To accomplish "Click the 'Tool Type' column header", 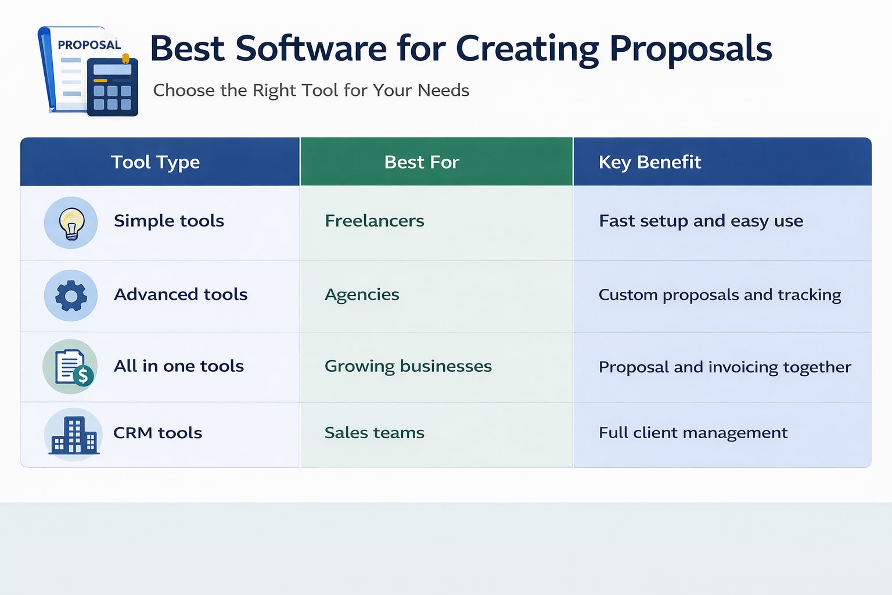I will (155, 162).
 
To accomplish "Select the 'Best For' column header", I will (422, 162).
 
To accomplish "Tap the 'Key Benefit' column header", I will (650, 162).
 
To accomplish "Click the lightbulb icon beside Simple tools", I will (71, 223).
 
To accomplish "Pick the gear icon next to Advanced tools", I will (71, 296).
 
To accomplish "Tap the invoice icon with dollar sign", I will (71, 367).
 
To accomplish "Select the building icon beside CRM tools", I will (73, 435).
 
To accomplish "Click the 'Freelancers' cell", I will (374, 221).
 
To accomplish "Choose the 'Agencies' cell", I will (362, 295).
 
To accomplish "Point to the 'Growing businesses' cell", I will (408, 366).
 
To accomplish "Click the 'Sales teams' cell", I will (374, 433).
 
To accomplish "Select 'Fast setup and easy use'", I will (700, 221).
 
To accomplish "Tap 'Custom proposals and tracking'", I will (720, 295).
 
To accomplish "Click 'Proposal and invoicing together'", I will (724, 367).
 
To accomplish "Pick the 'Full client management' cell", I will (693, 433).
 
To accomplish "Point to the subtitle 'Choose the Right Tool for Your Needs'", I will (311, 91).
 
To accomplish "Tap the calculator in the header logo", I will (113, 87).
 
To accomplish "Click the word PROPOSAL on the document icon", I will (89, 45).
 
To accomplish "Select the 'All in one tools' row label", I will (178, 366).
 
